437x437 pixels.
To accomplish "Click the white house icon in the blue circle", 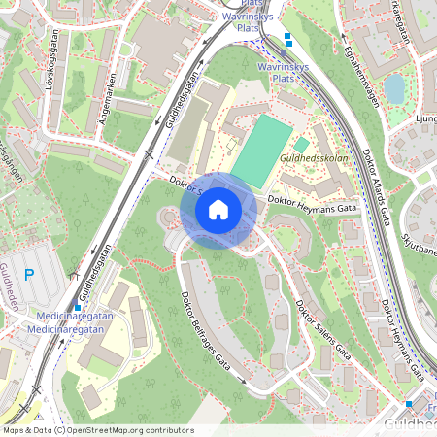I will tap(218, 209).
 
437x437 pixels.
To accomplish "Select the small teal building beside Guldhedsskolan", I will tap(301, 145).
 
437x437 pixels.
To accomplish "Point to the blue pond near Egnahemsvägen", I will tap(393, 89).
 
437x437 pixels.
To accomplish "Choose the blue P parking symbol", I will tap(29, 275).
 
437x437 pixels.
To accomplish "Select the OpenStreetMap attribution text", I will tap(97, 430).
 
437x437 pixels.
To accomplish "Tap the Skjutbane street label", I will tap(419, 249).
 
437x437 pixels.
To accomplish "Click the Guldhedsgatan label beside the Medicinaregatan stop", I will tap(94, 272).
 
